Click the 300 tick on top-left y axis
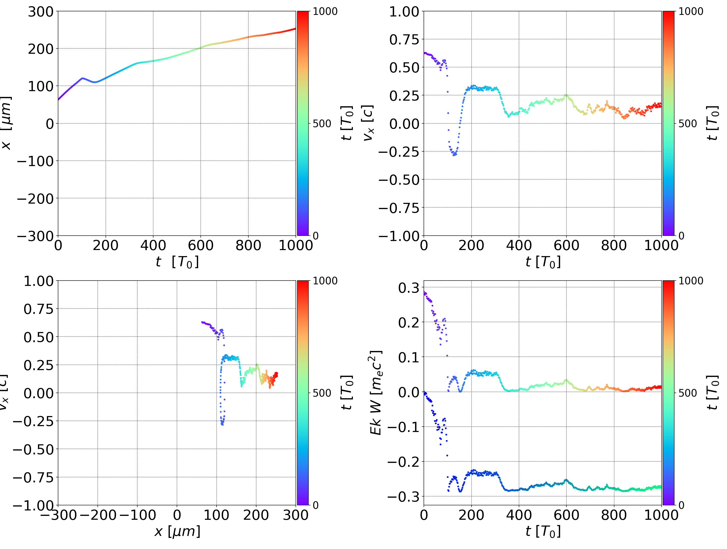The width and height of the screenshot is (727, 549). point(40,12)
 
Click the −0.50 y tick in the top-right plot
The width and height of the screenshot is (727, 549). point(399,180)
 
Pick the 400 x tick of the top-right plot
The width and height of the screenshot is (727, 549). point(519,245)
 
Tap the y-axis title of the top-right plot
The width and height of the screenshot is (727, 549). point(368,123)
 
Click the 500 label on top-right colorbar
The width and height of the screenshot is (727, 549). point(688,124)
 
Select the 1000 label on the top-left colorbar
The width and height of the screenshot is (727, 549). point(325,12)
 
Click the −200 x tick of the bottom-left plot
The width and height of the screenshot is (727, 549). point(98,515)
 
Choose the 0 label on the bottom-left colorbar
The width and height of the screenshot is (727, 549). point(316,505)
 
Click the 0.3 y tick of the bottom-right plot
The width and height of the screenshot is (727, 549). point(409,288)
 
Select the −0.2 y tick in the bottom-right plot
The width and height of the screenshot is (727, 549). point(404,462)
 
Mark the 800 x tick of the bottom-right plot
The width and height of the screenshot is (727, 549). point(614,515)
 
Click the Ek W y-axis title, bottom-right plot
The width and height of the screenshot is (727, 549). point(376,393)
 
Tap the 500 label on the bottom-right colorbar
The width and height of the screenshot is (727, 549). point(688,393)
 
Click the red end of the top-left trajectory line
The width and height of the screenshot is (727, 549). point(295,29)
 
